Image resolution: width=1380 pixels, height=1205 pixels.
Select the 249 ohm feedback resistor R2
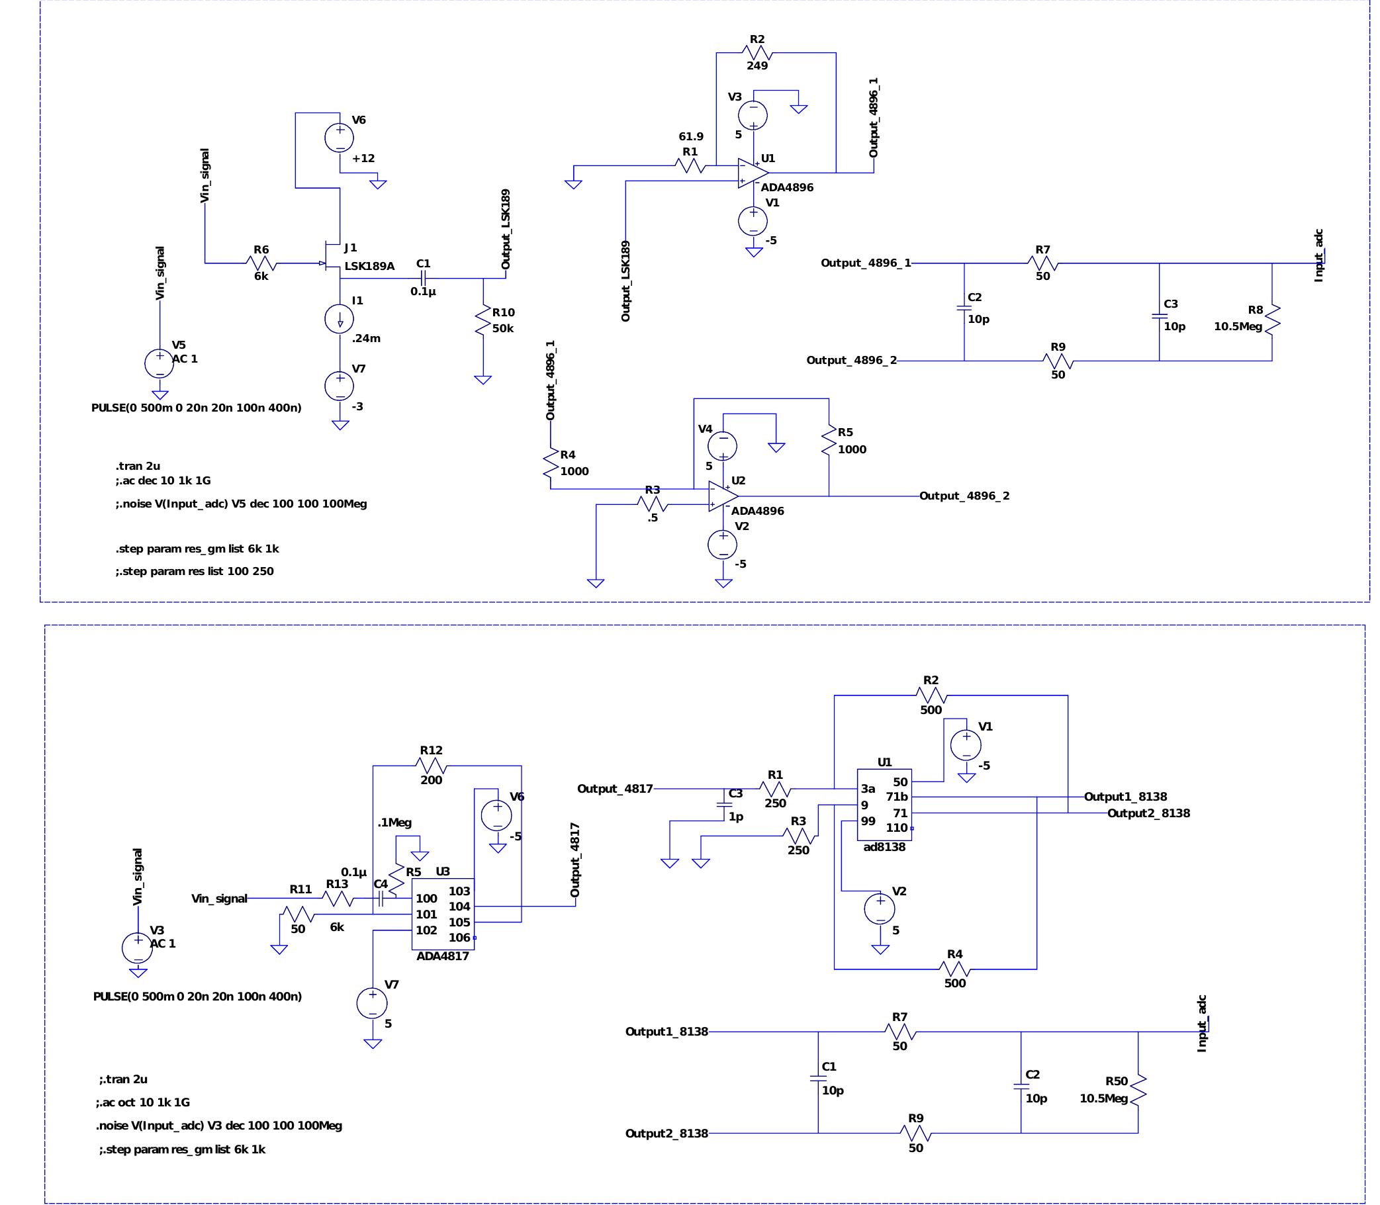coord(757,52)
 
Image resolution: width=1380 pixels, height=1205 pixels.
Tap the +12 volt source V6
coord(340,137)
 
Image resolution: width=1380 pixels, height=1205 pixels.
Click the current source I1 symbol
coord(340,319)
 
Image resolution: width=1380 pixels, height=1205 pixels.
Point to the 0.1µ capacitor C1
coord(423,278)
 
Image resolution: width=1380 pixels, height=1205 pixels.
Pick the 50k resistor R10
coord(483,321)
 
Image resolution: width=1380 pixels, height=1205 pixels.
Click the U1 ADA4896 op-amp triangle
coord(753,173)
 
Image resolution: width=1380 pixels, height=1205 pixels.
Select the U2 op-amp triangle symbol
coord(723,496)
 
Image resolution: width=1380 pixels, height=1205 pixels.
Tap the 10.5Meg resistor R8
coord(1271,320)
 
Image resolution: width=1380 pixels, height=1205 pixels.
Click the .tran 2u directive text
coord(137,466)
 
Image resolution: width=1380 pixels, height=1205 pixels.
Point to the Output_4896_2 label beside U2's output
coord(964,496)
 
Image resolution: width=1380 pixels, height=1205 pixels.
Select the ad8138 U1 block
coord(884,805)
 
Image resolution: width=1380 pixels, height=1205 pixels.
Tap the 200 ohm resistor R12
coord(431,765)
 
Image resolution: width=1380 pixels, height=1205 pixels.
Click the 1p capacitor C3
coord(724,805)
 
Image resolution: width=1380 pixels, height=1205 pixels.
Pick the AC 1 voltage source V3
coord(137,948)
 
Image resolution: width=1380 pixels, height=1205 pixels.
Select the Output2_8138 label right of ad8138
coord(1148,813)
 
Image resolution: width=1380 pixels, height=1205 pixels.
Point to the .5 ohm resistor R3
coord(652,504)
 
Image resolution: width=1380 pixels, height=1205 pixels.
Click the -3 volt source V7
coord(340,386)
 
